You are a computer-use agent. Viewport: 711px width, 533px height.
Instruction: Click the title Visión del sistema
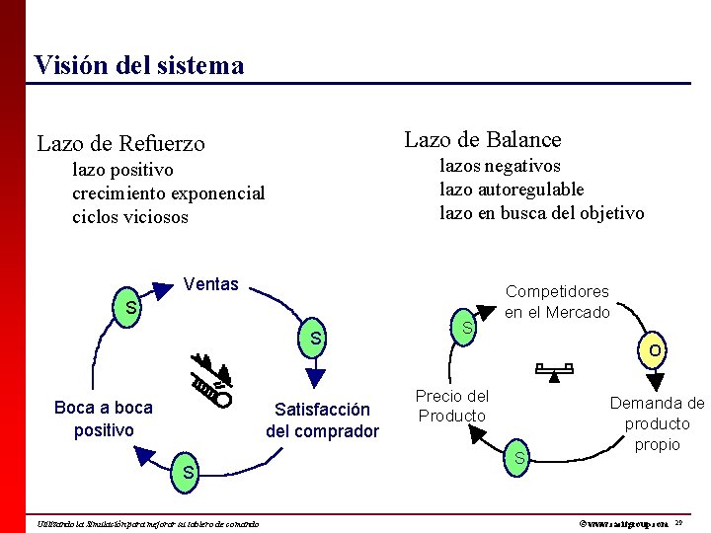138,66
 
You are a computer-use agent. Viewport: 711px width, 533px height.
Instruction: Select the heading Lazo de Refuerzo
120,144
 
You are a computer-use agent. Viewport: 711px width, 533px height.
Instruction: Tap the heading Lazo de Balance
483,140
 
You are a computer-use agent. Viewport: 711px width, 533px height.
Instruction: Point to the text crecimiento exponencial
168,193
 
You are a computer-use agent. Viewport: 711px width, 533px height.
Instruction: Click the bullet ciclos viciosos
129,217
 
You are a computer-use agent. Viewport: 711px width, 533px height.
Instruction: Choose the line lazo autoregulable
512,190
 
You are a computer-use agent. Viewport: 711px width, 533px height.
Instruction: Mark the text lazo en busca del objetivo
541,213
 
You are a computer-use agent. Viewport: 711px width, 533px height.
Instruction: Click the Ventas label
211,285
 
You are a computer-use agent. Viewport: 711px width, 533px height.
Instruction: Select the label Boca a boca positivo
104,419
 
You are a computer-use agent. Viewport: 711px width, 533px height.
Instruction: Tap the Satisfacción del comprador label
322,420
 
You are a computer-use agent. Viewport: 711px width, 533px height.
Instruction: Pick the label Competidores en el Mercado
557,302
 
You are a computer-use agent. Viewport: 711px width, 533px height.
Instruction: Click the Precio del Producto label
452,406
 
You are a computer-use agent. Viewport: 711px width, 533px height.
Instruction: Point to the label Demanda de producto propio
657,423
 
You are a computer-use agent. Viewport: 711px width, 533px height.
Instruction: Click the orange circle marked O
655,350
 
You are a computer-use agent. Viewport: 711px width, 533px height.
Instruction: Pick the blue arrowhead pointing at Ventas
160,291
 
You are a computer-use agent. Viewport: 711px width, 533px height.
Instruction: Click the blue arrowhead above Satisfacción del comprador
316,376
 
